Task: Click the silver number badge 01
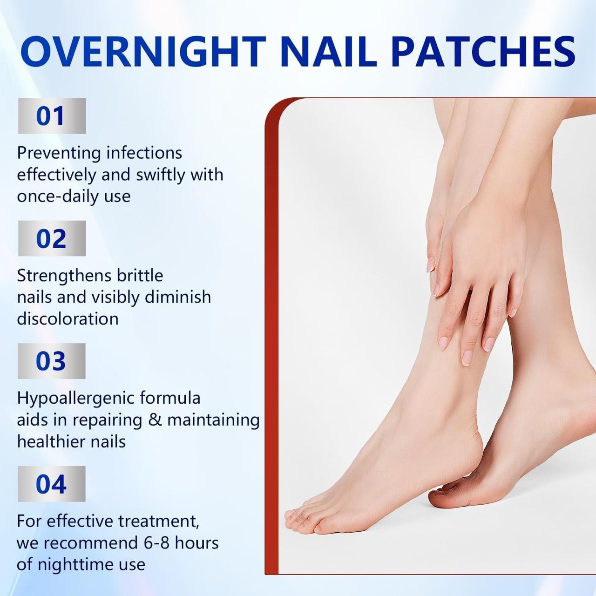click(x=52, y=116)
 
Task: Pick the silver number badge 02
click(x=52, y=238)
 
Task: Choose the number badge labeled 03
click(x=52, y=361)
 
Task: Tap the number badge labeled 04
click(x=52, y=484)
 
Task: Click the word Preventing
click(x=59, y=153)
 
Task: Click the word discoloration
click(x=68, y=319)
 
